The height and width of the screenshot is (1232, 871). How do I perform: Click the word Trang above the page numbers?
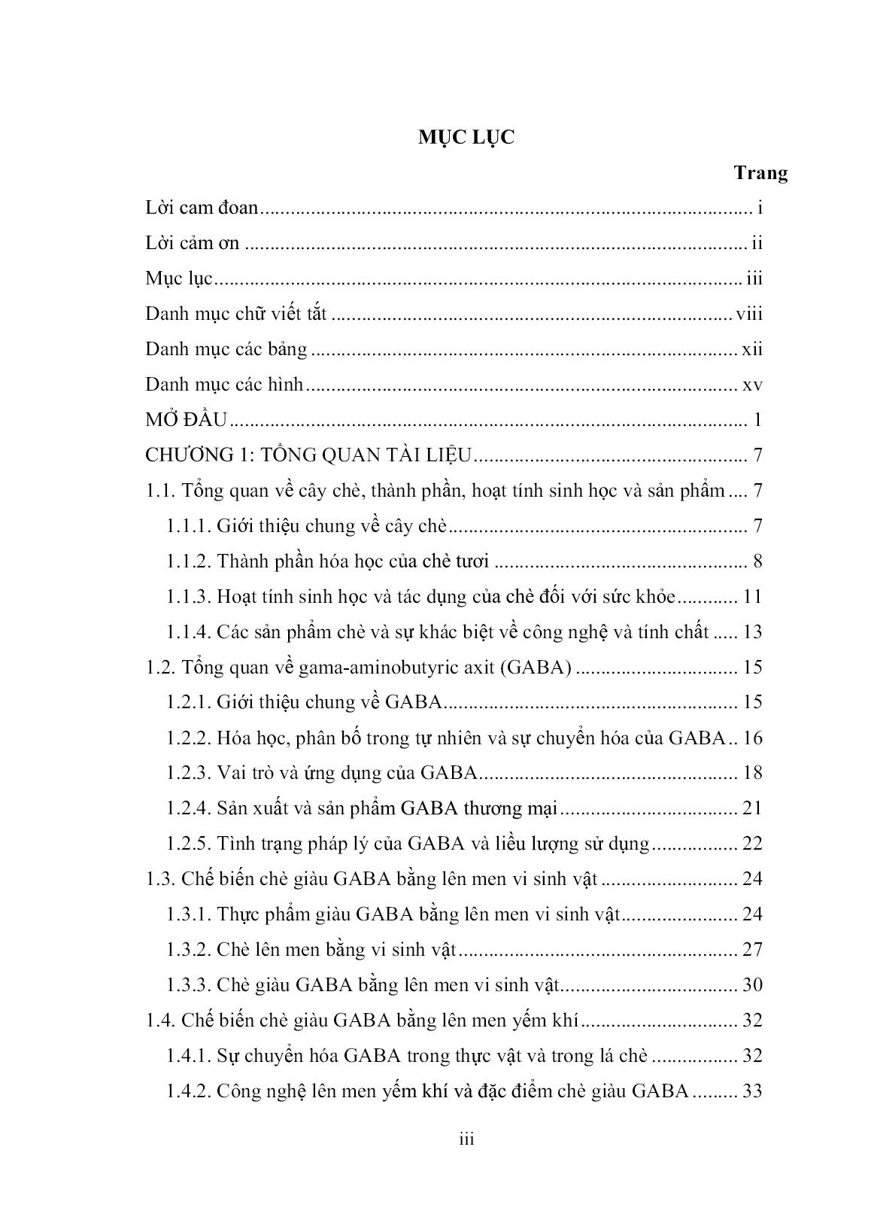pyautogui.click(x=760, y=173)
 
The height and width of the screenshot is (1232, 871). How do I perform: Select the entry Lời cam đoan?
pyautogui.click(x=202, y=208)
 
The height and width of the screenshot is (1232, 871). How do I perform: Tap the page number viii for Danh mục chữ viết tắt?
pyautogui.click(x=749, y=314)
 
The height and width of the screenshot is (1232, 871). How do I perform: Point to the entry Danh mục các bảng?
pyautogui.click(x=226, y=349)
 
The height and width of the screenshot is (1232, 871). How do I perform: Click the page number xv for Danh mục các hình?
pyautogui.click(x=752, y=385)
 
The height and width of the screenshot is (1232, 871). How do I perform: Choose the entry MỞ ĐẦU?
pyautogui.click(x=186, y=420)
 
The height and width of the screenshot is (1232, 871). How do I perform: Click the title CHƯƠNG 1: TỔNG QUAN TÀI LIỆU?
pyautogui.click(x=308, y=455)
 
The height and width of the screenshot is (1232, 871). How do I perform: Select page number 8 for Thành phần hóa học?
pyautogui.click(x=757, y=561)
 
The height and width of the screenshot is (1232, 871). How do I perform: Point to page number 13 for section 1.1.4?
pyautogui.click(x=752, y=632)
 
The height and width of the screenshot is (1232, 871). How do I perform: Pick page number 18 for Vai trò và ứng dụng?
pyautogui.click(x=752, y=773)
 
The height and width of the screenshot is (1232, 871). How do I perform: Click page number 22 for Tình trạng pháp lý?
pyautogui.click(x=752, y=844)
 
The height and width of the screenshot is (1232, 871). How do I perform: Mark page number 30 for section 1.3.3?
pyautogui.click(x=752, y=985)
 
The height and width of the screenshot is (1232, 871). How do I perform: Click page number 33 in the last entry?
pyautogui.click(x=752, y=1091)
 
